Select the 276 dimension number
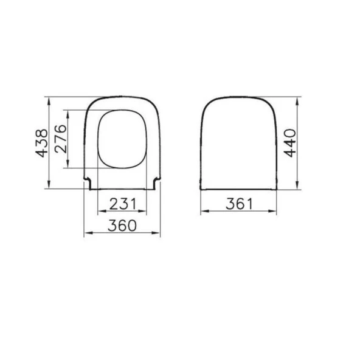pyautogui.click(x=61, y=140)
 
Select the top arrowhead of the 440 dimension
pyautogui.click(x=297, y=98)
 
